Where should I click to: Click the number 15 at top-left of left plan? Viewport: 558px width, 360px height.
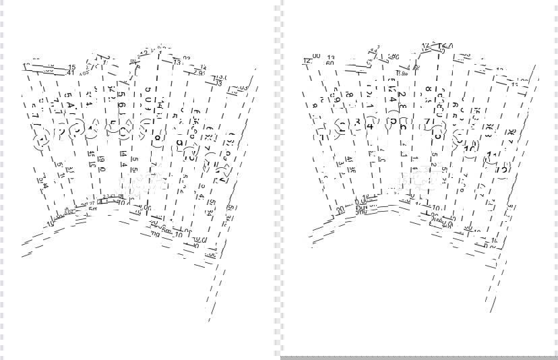pyautogui.click(x=71, y=67)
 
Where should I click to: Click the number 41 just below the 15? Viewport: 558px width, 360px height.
pyautogui.click(x=70, y=73)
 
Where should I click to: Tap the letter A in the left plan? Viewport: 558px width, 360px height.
pyautogui.click(x=70, y=105)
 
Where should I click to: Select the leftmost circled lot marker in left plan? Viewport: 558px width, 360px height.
pyautogui.click(x=42, y=140)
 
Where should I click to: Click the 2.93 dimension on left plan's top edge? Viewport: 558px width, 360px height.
pyautogui.click(x=199, y=73)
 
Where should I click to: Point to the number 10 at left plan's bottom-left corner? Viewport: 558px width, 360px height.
pyautogui.click(x=50, y=223)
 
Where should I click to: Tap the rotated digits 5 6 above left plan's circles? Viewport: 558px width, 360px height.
pyautogui.click(x=121, y=99)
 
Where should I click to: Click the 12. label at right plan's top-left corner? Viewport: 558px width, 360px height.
pyautogui.click(x=307, y=61)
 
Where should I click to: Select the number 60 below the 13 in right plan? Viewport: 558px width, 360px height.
pyautogui.click(x=330, y=63)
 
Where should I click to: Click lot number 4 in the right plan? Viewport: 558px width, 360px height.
pyautogui.click(x=370, y=126)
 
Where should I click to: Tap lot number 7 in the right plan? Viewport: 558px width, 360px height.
pyautogui.click(x=427, y=123)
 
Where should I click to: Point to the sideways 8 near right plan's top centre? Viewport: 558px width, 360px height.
pyautogui.click(x=429, y=88)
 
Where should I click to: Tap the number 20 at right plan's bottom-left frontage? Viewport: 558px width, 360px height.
pyautogui.click(x=340, y=210)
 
